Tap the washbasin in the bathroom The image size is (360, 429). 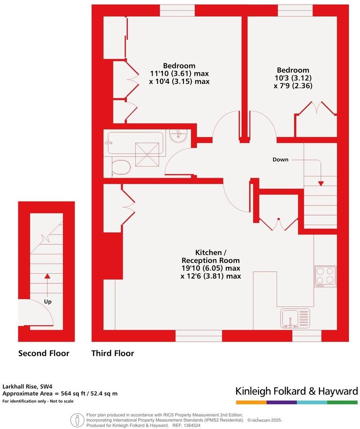point(179,136)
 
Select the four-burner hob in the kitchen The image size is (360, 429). point(325,276)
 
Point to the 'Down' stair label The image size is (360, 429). point(280,159)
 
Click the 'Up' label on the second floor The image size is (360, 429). point(48,302)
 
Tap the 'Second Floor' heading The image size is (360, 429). point(44,353)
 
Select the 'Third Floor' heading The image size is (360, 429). point(113,353)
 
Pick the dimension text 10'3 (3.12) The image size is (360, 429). point(293,78)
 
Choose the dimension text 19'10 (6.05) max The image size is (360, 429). point(211,268)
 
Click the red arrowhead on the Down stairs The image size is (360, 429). point(321,183)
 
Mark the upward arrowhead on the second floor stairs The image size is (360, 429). point(47,276)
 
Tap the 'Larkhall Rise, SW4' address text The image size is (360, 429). point(28,387)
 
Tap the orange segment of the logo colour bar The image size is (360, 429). point(251,402)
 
